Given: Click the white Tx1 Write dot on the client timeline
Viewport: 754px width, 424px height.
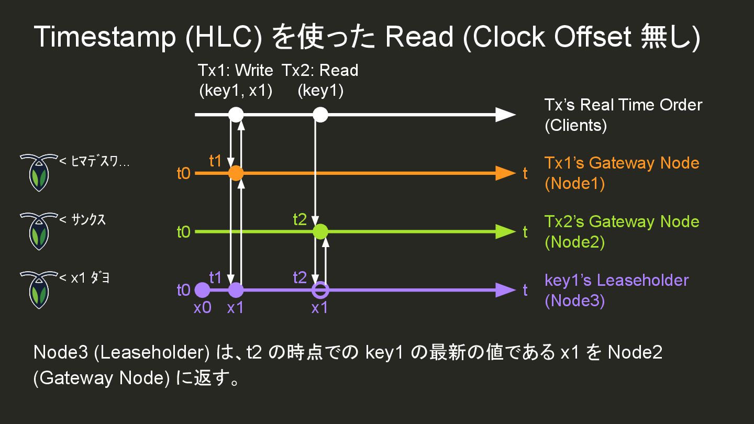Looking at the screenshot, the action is pos(236,114).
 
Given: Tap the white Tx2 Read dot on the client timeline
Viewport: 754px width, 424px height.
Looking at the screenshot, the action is pos(320,114).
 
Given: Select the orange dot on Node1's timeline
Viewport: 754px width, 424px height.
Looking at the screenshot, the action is pos(236,173).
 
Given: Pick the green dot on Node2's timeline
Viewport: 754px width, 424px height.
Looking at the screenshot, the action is pos(320,231).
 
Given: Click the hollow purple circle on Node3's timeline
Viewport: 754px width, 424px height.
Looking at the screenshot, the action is pos(320,289).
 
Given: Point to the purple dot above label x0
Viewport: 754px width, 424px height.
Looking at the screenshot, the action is pos(202,289).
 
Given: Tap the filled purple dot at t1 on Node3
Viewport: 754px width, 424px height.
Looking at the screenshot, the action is pos(236,289).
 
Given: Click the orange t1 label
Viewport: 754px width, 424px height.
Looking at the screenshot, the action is pos(216,161).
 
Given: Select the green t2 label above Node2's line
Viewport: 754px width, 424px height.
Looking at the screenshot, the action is pos(300,220).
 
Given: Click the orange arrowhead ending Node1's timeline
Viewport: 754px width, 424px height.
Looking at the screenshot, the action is pos(505,173).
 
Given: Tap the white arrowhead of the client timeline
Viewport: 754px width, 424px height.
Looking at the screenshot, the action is pos(505,114).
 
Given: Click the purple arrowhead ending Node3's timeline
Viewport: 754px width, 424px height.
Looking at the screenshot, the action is pos(505,289).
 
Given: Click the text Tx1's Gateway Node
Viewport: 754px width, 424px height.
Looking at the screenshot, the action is pos(622,163).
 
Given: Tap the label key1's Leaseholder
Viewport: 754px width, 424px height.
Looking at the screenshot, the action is pos(616,280).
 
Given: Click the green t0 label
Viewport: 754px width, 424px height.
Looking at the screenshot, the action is pos(183,231).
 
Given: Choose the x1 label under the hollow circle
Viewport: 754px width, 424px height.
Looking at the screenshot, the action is pos(319,308).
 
